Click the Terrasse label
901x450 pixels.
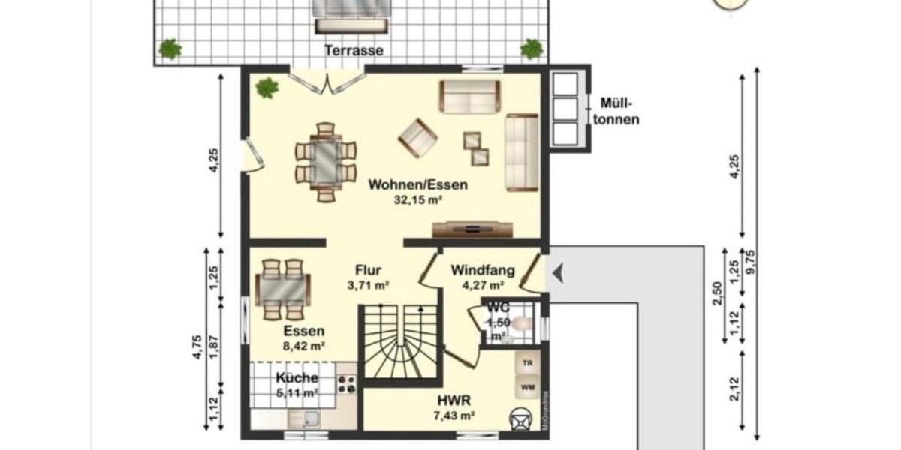[354, 51]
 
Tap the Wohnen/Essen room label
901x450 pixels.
[417, 184]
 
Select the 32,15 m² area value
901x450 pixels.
[417, 200]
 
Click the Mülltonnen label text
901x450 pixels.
[619, 112]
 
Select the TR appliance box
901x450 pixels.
[528, 363]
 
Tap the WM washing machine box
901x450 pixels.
[528, 387]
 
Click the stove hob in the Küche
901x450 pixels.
[347, 384]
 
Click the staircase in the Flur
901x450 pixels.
[401, 343]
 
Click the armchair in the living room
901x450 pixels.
[417, 137]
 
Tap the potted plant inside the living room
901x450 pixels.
[267, 88]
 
